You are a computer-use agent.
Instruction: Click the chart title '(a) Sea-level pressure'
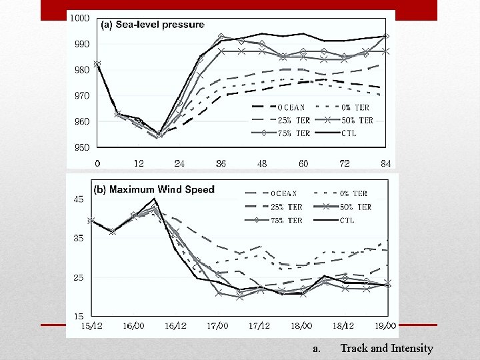tap(152, 25)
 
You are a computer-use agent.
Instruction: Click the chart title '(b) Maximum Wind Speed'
tap(154, 189)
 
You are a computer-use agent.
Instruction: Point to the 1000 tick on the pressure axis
tap(80, 18)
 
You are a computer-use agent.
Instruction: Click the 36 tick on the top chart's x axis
tap(220, 163)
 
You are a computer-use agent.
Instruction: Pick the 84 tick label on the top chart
tap(385, 163)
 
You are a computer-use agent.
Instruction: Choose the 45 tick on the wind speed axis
tap(79, 199)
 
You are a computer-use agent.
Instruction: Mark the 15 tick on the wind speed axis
tap(79, 316)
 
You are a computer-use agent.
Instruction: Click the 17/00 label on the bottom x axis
tap(217, 326)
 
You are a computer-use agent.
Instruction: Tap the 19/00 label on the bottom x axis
tap(385, 326)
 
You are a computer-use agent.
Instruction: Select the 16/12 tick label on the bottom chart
tap(175, 326)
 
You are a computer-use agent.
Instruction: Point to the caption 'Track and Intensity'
tap(387, 348)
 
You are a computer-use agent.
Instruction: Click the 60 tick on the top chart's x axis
tap(303, 163)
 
